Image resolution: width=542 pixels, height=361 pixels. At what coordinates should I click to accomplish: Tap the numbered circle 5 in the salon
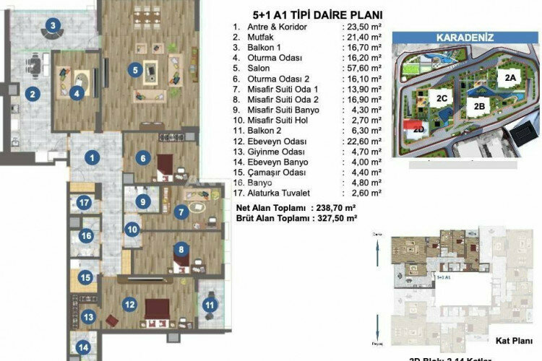click(x=134, y=70)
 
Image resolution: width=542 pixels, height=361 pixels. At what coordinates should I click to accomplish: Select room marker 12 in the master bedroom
click(x=129, y=305)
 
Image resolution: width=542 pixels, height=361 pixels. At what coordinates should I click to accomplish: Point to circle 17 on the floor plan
click(x=85, y=203)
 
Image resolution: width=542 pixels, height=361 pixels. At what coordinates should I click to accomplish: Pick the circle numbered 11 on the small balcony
click(x=210, y=305)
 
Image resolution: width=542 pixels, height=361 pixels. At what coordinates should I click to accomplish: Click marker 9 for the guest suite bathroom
click(x=143, y=201)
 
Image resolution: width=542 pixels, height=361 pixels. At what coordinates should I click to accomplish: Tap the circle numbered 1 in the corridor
click(x=93, y=157)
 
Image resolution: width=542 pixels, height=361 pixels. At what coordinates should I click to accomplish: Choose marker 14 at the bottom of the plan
click(x=83, y=347)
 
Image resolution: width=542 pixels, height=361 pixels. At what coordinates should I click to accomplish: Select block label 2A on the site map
click(x=511, y=76)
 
